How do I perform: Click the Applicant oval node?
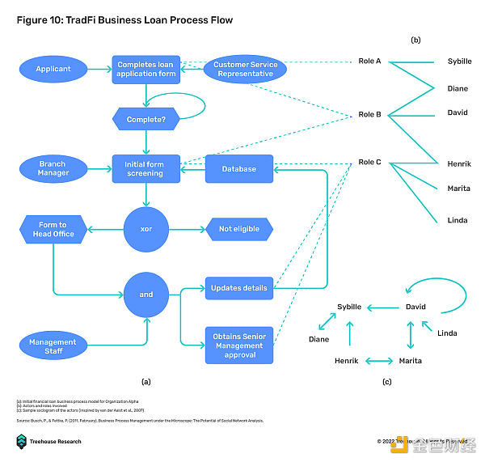(53, 69)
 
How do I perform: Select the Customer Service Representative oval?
(245, 69)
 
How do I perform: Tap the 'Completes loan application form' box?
(145, 69)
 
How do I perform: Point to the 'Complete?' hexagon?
(145, 120)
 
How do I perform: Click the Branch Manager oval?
(53, 168)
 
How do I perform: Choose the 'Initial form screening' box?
(145, 168)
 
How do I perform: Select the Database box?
(239, 168)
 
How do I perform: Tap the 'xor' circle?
(145, 229)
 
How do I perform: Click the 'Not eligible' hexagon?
(239, 229)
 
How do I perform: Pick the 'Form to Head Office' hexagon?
(53, 229)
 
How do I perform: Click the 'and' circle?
(145, 294)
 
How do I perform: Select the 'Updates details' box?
(239, 288)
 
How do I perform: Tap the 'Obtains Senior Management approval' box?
(239, 345)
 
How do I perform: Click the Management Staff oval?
(53, 345)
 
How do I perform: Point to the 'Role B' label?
(369, 114)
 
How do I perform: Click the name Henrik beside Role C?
(459, 163)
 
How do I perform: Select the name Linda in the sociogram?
(447, 333)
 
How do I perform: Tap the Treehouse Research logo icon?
(22, 441)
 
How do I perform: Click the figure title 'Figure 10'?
(40, 20)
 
